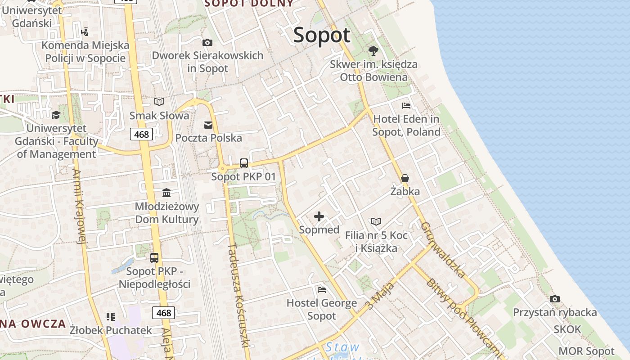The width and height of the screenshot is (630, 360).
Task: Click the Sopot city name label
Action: click(x=321, y=35)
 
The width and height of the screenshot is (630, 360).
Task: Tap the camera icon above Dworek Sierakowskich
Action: click(x=207, y=42)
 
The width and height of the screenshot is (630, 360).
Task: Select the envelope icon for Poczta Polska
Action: click(x=208, y=125)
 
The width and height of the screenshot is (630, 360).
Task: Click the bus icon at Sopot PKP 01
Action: click(x=244, y=163)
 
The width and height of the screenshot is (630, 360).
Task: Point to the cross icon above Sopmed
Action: click(x=319, y=216)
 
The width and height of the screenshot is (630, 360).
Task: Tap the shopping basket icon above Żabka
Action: click(x=405, y=178)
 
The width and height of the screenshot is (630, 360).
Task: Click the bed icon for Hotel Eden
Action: click(x=406, y=106)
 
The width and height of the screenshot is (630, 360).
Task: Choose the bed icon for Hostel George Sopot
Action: click(x=321, y=289)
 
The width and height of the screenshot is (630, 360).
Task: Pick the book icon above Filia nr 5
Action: click(x=376, y=221)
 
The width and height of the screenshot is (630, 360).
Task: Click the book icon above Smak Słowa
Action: click(x=159, y=102)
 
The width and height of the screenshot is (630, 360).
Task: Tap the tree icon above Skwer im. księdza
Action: click(x=373, y=50)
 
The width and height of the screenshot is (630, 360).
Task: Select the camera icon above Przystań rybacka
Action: click(x=555, y=299)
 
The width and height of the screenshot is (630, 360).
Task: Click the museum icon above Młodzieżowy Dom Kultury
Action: click(x=166, y=193)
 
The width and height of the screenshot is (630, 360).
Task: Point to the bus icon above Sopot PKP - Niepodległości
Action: click(x=154, y=258)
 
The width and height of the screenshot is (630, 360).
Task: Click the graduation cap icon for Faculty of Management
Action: click(x=56, y=115)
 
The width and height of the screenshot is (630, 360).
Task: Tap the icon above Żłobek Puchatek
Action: click(x=110, y=316)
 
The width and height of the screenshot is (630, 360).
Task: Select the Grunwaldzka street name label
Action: click(x=443, y=250)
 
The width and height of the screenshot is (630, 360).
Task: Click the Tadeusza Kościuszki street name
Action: click(x=238, y=295)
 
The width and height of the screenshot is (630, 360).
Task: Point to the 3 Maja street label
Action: click(x=381, y=296)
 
